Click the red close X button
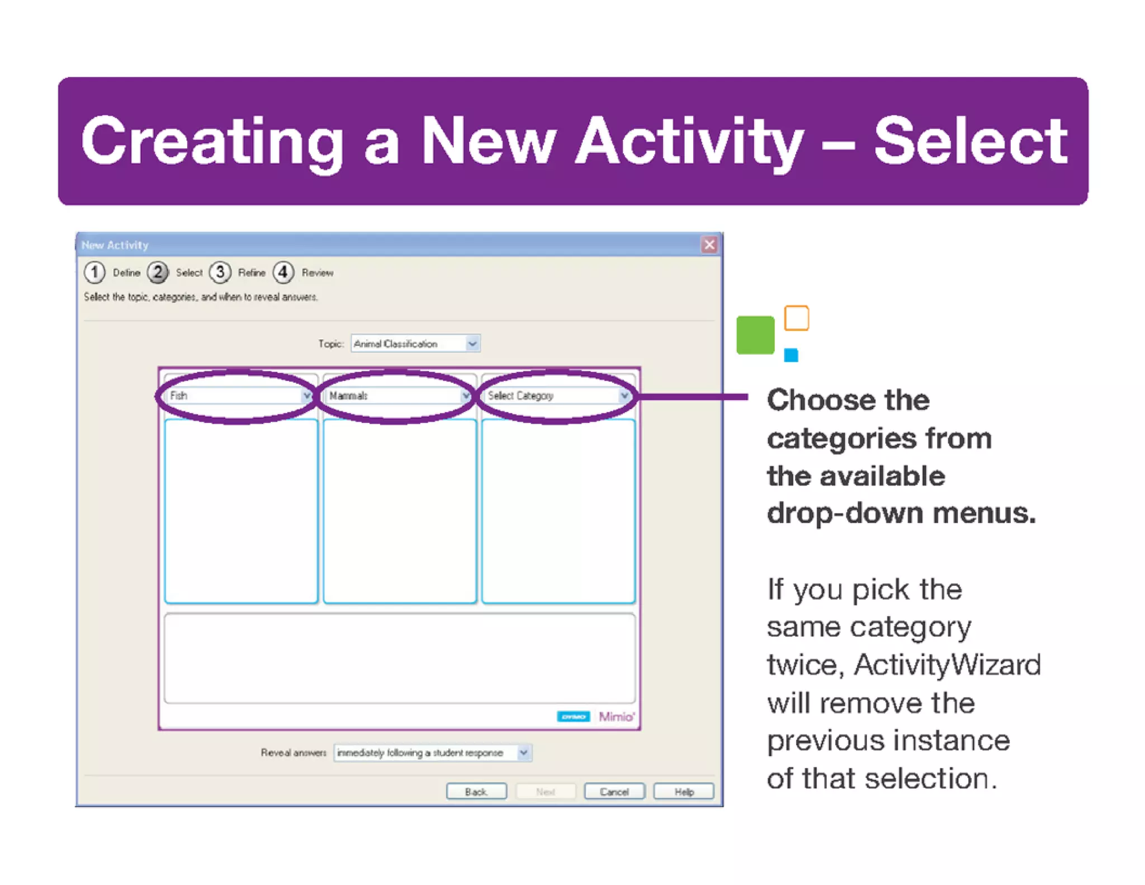(x=709, y=245)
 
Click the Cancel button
(x=614, y=792)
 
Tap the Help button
(x=683, y=792)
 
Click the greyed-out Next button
(x=545, y=792)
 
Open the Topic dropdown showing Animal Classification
(x=415, y=343)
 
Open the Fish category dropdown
(x=240, y=396)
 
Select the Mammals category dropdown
(x=399, y=396)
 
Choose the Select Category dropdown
(x=557, y=396)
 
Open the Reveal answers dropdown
(x=432, y=753)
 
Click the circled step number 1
(x=94, y=272)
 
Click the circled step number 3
(x=220, y=272)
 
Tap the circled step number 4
(x=283, y=272)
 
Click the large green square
(x=755, y=335)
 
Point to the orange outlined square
(x=796, y=318)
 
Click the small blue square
(x=791, y=355)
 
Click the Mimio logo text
(x=616, y=717)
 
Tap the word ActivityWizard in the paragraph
(x=947, y=665)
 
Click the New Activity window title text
(x=115, y=245)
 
